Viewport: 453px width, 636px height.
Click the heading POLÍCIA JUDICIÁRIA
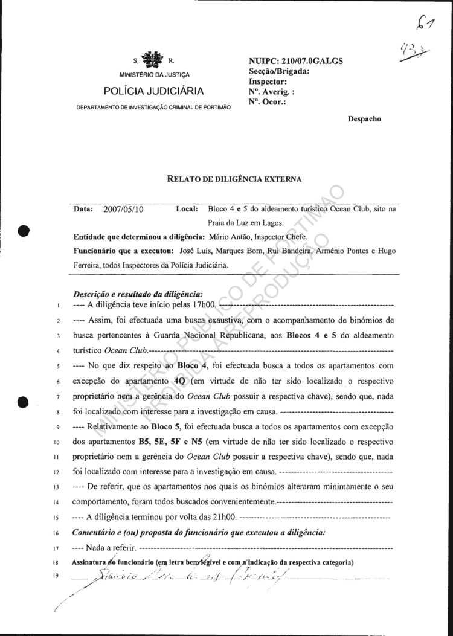(x=153, y=91)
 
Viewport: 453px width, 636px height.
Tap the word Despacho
(x=364, y=119)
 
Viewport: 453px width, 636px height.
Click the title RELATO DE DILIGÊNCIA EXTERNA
(x=234, y=178)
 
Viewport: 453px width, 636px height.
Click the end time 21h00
(x=224, y=517)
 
